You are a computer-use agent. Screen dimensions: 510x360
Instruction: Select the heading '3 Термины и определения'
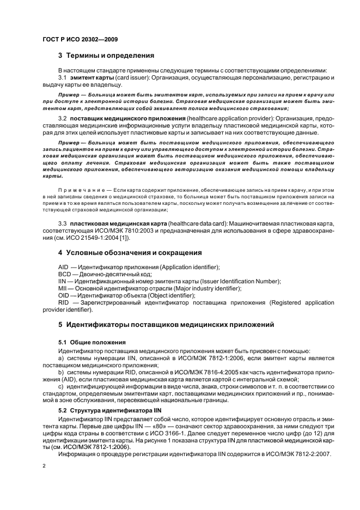coord(106,56)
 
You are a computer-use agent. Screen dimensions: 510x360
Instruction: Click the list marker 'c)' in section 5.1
coord(62,386)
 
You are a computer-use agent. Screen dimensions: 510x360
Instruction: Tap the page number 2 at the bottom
coord(44,466)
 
